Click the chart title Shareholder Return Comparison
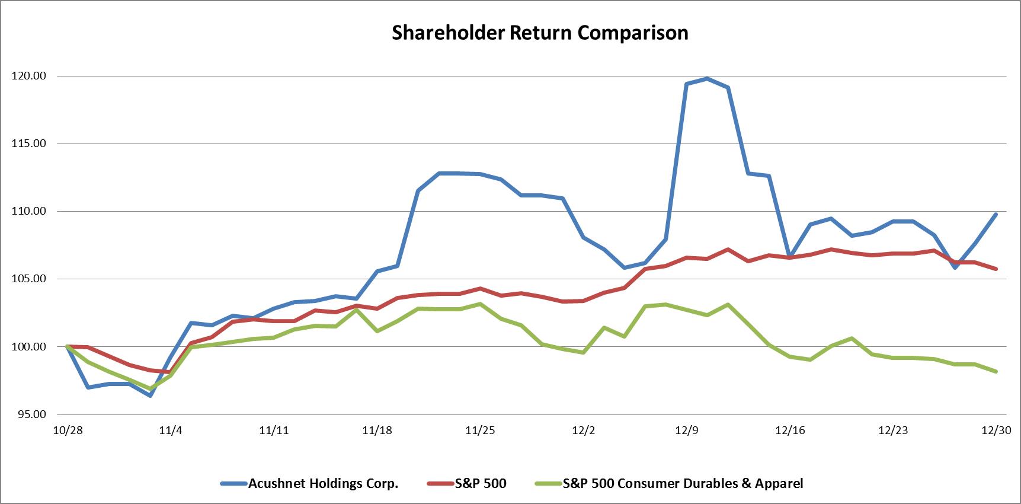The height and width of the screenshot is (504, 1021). click(540, 33)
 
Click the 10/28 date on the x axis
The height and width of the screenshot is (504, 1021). click(68, 430)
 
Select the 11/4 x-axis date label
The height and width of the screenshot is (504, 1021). click(171, 430)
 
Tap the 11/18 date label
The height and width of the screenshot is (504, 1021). click(377, 430)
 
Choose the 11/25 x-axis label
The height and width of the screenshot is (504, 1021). click(480, 430)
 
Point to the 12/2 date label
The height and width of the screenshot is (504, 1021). click(583, 430)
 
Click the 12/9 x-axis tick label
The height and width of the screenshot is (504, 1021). click(686, 430)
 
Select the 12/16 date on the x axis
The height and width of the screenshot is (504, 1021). click(790, 430)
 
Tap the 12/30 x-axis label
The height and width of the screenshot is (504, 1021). click(996, 430)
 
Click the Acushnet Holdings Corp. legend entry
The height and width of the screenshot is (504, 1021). click(323, 484)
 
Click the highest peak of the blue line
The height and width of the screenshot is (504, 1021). click(707, 78)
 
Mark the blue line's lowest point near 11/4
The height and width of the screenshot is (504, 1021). click(150, 395)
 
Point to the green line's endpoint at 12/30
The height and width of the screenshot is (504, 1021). click(996, 371)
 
